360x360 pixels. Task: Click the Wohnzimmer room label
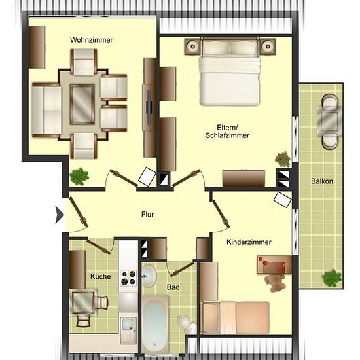(x=92, y=40)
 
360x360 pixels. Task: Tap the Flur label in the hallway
(x=147, y=215)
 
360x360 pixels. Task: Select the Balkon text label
(x=322, y=181)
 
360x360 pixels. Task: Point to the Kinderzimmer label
(x=249, y=242)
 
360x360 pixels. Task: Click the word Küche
(x=101, y=276)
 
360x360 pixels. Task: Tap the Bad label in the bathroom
(x=173, y=287)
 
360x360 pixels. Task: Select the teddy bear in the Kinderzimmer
(x=275, y=282)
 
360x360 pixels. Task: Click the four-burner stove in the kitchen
(x=128, y=278)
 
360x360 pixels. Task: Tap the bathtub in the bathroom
(x=154, y=324)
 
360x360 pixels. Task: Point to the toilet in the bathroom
(x=187, y=324)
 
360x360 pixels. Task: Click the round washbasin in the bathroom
(x=149, y=276)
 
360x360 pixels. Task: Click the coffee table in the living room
(x=82, y=105)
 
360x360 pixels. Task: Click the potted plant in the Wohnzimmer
(x=79, y=176)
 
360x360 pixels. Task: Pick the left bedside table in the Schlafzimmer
(x=193, y=46)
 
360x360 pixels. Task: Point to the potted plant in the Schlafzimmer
(x=283, y=159)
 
